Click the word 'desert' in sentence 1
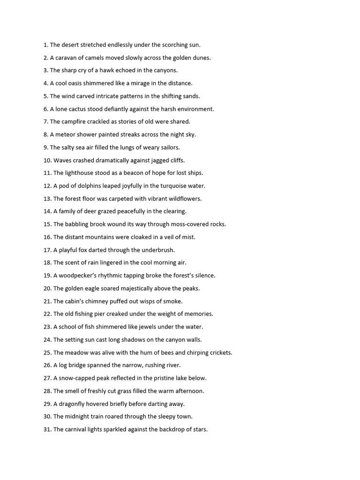pos(70,45)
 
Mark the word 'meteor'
pos(66,135)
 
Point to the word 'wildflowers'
pos(185,199)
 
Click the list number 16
pos(47,237)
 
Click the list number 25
pos(47,352)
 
